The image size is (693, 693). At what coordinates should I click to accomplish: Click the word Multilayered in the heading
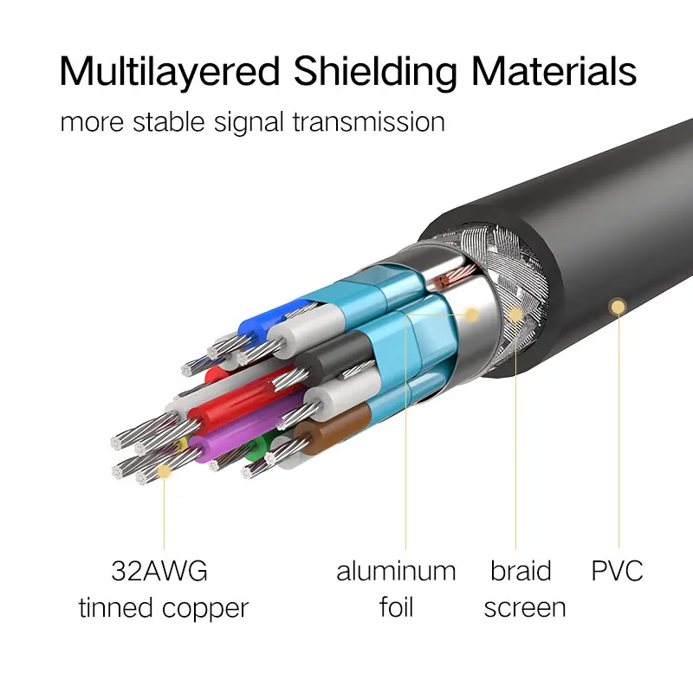[x=168, y=73]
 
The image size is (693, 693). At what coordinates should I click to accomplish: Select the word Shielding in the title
[x=374, y=73]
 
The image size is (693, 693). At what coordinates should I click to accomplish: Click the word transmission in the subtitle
[x=369, y=121]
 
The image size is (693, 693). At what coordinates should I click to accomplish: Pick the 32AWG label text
[x=159, y=572]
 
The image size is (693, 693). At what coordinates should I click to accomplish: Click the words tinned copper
[x=164, y=608]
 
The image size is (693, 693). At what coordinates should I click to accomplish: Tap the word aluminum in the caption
[x=396, y=572]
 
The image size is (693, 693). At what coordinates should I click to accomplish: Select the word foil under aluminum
[x=396, y=607]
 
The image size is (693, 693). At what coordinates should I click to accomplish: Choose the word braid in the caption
[x=521, y=572]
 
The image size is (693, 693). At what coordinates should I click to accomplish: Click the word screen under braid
[x=525, y=608]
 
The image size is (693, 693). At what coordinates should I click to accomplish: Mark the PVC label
[x=618, y=572]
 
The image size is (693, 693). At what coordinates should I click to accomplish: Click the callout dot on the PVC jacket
[x=618, y=305]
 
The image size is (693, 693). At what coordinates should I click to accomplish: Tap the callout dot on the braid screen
[x=516, y=314]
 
